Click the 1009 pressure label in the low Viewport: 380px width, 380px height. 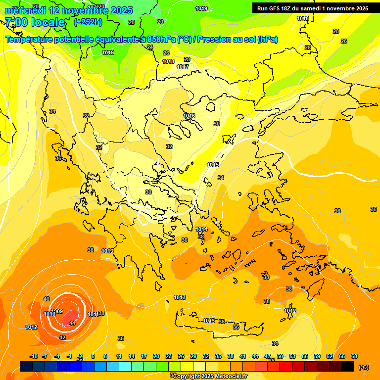click(57, 311)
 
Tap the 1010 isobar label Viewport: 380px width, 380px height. click(49, 314)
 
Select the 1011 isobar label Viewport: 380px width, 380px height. click(93, 314)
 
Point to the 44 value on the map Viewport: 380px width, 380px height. click(72, 323)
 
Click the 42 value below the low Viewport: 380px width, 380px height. click(62, 337)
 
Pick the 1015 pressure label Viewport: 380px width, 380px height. click(213, 165)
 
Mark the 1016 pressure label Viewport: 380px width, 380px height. click(189, 116)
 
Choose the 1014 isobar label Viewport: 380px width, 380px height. click(201, 229)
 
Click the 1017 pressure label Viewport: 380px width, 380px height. click(183, 67)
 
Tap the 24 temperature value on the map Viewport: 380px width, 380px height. click(150, 47)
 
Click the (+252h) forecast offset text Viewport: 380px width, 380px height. click(88, 22)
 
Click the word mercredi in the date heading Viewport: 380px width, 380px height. click(25, 10)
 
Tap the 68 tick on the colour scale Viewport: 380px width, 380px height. click(354, 356)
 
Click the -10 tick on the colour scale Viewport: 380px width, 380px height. click(34, 356)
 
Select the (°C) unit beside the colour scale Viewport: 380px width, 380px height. click(364, 367)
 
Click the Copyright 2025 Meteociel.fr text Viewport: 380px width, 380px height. click(210, 376)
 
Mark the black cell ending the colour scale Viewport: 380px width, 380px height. click(348, 366)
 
